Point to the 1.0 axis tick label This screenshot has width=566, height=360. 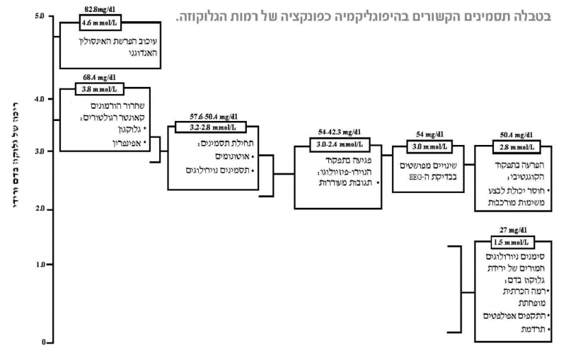click(x=39, y=264)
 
